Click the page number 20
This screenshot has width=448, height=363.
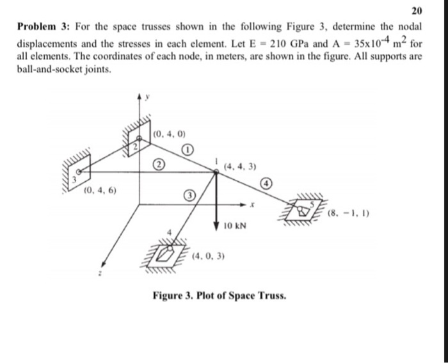click(x=417, y=11)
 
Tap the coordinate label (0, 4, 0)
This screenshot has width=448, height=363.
click(x=170, y=134)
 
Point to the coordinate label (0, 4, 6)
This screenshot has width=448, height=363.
click(x=99, y=191)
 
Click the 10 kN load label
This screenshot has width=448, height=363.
click(x=236, y=227)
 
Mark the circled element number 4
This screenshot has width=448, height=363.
click(x=269, y=184)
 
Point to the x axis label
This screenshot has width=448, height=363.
click(x=254, y=206)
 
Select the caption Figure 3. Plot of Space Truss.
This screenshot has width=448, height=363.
click(x=219, y=296)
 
